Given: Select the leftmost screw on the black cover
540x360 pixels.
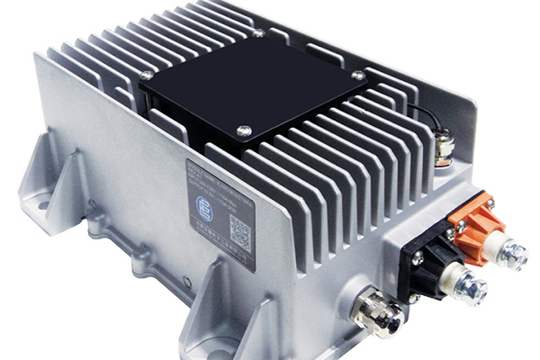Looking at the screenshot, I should pyautogui.click(x=146, y=76).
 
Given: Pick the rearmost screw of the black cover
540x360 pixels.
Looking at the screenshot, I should pyautogui.click(x=258, y=33).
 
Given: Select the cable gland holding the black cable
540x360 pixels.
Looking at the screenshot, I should pyautogui.click(x=443, y=149).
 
